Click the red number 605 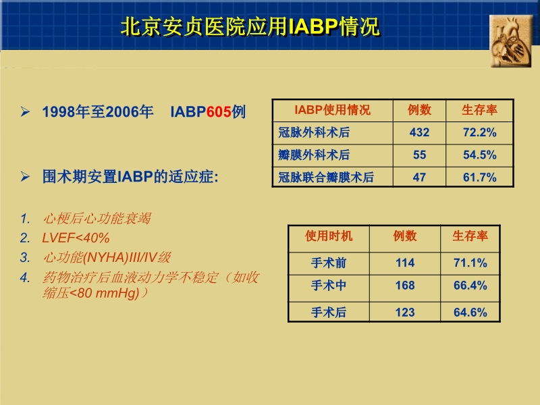pos(219,111)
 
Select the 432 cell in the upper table pos(419,132)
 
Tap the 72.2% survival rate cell pos(479,132)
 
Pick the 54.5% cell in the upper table pos(479,155)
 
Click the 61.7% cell pos(479,178)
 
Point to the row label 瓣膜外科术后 pos(314,155)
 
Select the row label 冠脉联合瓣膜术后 pos(326,178)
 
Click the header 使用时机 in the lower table pos(329,236)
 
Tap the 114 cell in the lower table pos(405,263)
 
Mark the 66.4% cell pos(470,286)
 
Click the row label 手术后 pos(329,312)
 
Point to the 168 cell pos(405,286)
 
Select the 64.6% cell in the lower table pos(470,312)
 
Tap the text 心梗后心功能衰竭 pos(97,219)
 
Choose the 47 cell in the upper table pos(419,178)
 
